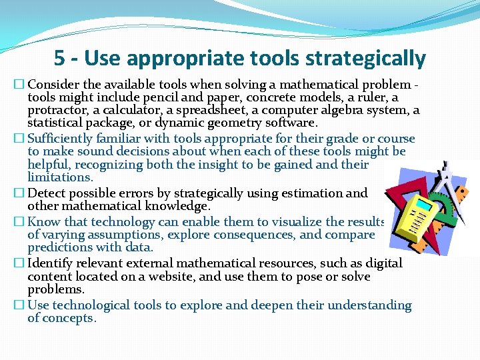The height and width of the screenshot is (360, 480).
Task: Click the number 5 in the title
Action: pos(60,59)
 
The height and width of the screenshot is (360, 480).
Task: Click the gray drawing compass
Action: pos(447,180)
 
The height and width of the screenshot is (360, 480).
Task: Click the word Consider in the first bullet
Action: pos(55,85)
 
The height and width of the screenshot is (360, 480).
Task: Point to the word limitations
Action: pos(59,177)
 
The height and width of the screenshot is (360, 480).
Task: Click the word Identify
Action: pos(51,263)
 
